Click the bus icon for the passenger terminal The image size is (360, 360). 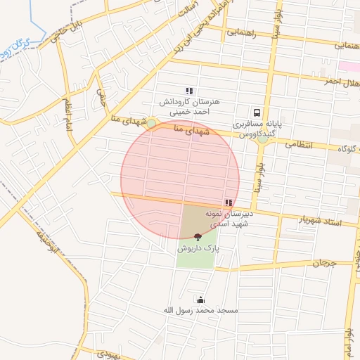(257, 112)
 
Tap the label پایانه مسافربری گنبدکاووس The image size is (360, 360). (257, 128)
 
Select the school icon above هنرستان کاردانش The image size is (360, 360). (188, 91)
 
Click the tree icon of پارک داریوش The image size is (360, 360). (197, 238)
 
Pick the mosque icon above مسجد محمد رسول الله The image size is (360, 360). (200, 300)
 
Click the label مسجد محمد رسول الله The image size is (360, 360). (200, 310)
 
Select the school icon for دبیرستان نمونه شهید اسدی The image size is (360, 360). (229, 202)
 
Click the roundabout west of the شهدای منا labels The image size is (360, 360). (151, 124)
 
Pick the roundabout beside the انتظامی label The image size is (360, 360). (262, 139)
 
